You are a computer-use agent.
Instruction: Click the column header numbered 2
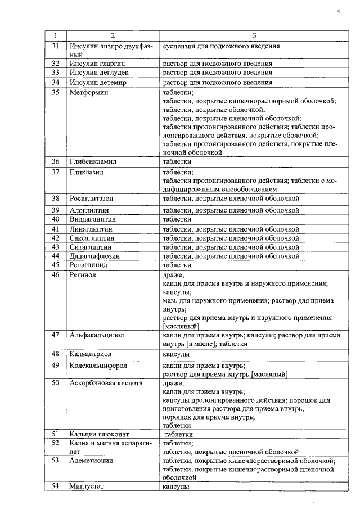[x=112, y=35]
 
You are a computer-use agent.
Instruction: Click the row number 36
[x=55, y=161]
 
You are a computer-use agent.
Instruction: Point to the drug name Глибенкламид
[x=93, y=161]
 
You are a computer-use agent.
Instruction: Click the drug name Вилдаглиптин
[x=92, y=219]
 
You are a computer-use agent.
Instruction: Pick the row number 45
[x=55, y=264]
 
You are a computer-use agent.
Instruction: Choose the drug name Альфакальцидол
[x=97, y=335]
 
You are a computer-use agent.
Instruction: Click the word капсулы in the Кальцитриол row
[x=175, y=354]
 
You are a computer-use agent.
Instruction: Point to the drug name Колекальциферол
[x=98, y=365]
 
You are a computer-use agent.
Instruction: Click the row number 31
[x=55, y=46]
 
